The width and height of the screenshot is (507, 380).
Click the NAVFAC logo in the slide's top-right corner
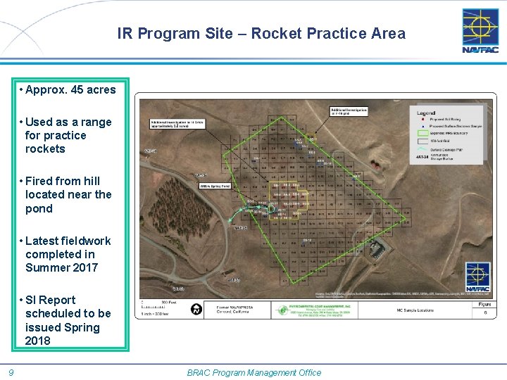(x=480, y=30)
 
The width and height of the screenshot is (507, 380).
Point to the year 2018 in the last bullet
(x=38, y=341)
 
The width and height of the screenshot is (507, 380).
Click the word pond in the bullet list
(x=39, y=208)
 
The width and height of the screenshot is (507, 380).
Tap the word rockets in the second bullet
(x=45, y=148)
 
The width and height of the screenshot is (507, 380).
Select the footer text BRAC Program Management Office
(x=254, y=372)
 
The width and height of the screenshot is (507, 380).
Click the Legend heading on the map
(x=427, y=113)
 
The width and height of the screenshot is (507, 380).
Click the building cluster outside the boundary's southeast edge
(x=377, y=248)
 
